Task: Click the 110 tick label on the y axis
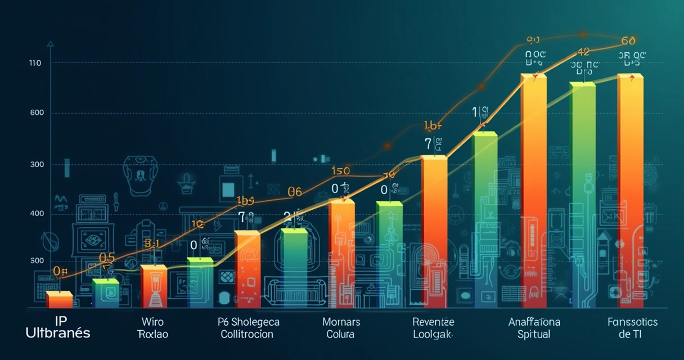(35, 63)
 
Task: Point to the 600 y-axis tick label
(37, 112)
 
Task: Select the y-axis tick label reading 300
(37, 165)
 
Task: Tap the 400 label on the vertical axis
(37, 214)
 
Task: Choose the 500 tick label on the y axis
(37, 260)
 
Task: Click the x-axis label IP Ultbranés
(57, 327)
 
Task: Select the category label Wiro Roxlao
(152, 328)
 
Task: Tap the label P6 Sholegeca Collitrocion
(247, 328)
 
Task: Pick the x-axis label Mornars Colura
(341, 328)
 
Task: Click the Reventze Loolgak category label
(433, 328)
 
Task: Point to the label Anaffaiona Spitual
(534, 328)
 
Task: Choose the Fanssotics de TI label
(632, 328)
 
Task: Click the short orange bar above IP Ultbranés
(59, 300)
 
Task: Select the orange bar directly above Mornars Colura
(341, 253)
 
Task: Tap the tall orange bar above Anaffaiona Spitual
(533, 191)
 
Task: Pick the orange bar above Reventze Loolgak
(434, 232)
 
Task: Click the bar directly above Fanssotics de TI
(630, 191)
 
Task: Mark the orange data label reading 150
(340, 171)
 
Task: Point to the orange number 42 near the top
(583, 52)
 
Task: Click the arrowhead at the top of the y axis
(51, 43)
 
